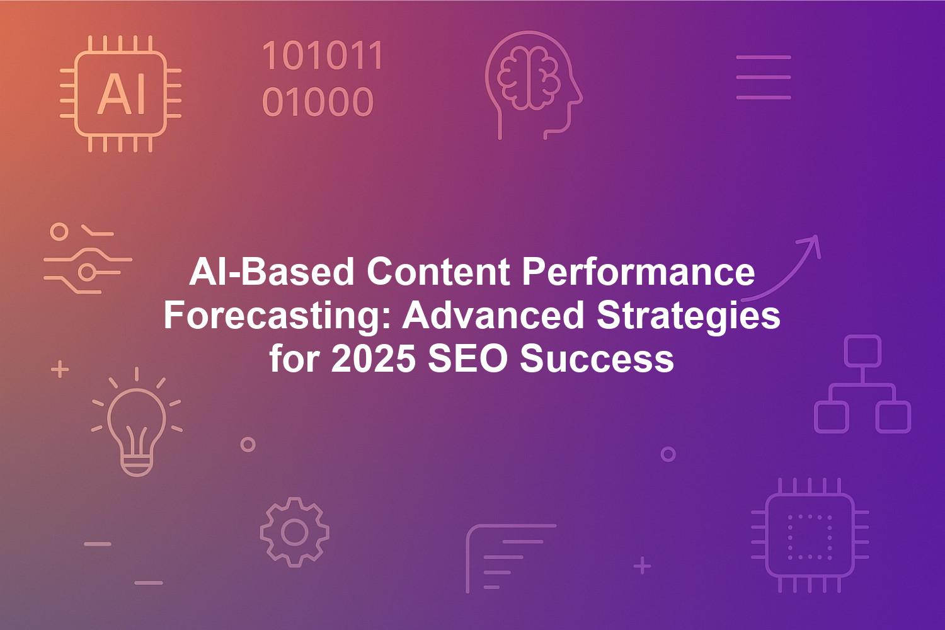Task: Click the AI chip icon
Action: point(121,94)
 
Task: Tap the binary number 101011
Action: point(323,55)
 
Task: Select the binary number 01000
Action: point(318,101)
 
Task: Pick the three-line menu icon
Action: point(764,77)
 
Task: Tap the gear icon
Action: point(294,532)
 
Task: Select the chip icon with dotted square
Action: point(810,535)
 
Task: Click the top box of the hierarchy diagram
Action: point(862,351)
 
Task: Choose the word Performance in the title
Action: point(638,272)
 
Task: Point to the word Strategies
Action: point(689,316)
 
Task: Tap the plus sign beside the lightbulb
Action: point(60,369)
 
